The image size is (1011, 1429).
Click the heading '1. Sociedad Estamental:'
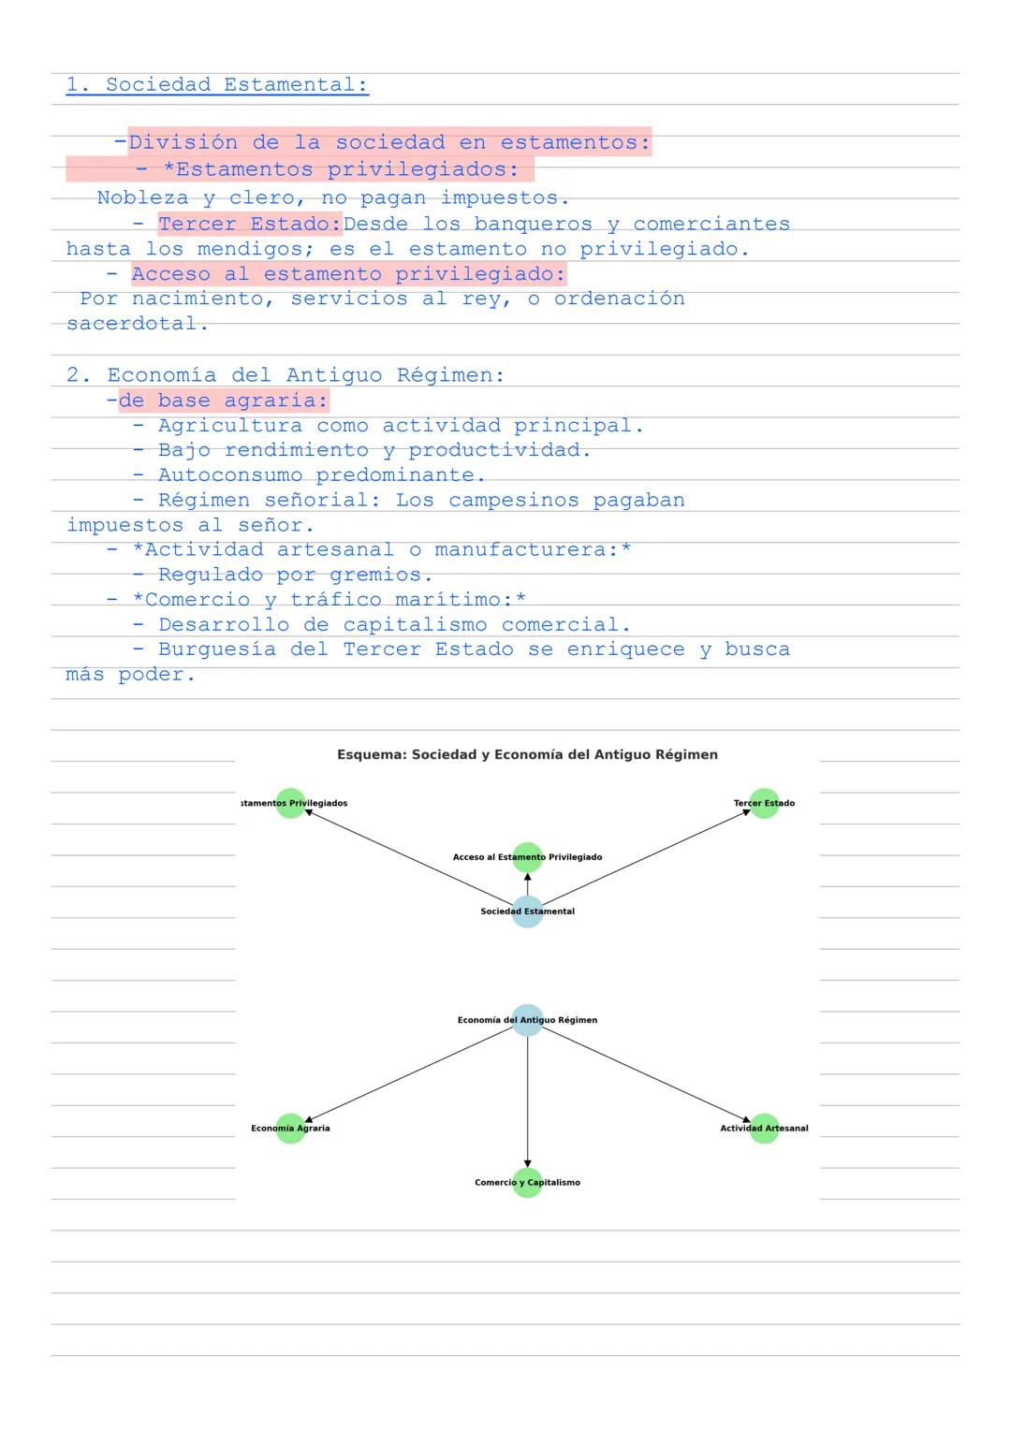[217, 85]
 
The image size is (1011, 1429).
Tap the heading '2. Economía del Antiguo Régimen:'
[286, 375]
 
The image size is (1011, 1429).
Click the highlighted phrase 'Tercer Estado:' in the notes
[250, 225]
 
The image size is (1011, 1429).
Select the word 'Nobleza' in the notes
[142, 198]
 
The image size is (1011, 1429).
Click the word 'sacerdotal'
[132, 325]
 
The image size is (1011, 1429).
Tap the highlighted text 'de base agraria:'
[224, 401]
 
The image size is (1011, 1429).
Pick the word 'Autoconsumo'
[229, 475]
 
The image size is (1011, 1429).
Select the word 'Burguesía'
[216, 649]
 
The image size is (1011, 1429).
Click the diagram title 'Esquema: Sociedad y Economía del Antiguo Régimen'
[527, 754]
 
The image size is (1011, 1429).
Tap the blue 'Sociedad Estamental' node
[527, 911]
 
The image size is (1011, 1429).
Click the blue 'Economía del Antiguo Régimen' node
[527, 1020]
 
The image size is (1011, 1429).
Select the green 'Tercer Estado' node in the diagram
[764, 803]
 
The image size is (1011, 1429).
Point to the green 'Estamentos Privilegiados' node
[291, 803]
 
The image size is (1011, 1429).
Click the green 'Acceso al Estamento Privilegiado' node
[527, 857]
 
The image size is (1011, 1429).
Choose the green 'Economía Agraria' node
[291, 1129]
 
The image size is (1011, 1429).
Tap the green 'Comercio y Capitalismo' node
[527, 1183]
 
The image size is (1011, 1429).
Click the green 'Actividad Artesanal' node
[764, 1129]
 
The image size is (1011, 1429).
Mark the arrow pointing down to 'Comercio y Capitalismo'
[527, 1104]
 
